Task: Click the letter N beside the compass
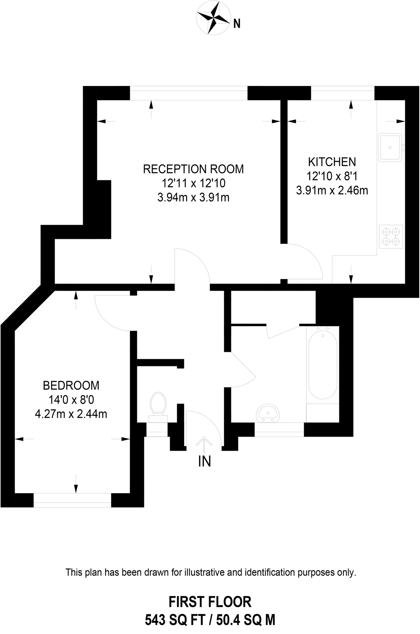[x=237, y=24]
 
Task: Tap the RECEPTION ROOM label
[x=193, y=169]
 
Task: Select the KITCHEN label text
[x=332, y=162]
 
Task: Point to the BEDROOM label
[x=71, y=385]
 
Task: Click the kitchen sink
[x=390, y=147]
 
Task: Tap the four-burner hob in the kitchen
[x=391, y=237]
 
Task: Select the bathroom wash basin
[x=268, y=413]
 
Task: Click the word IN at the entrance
[x=205, y=461]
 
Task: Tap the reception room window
[x=189, y=93]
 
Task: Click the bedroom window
[x=72, y=500]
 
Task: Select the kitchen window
[x=343, y=93]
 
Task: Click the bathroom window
[x=279, y=429]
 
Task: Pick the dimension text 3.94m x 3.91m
[x=193, y=198]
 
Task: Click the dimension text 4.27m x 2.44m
[x=71, y=414]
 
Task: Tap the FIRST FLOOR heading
[x=210, y=602]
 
